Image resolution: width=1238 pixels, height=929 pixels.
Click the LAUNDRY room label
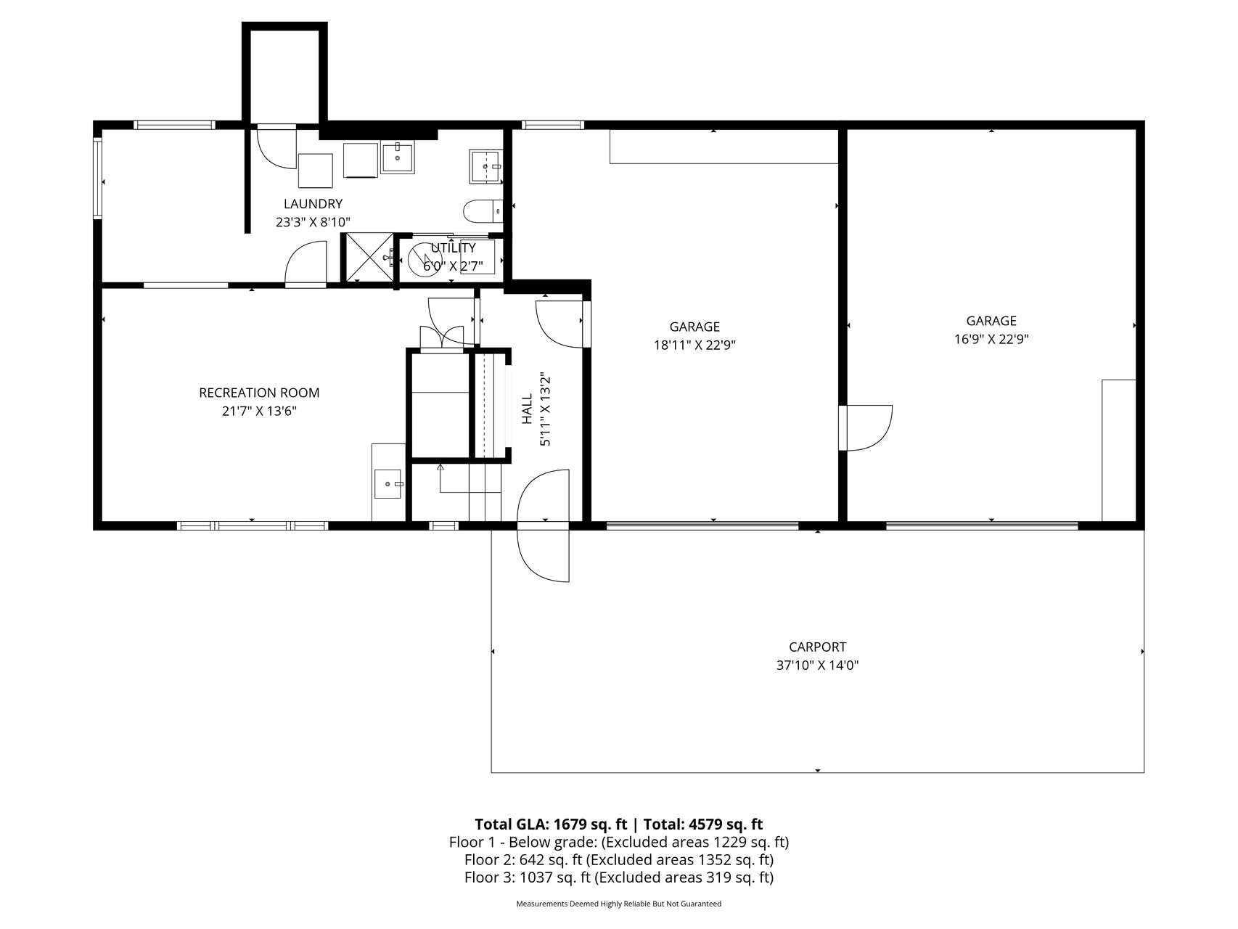point(313,204)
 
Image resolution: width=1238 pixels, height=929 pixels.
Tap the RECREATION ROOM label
point(259,393)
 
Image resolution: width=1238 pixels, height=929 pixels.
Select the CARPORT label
point(817,647)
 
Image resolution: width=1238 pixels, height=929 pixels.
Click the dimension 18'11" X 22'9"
point(694,345)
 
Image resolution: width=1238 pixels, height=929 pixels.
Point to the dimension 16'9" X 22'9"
point(991,339)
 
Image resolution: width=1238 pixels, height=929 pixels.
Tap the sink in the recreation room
point(388,483)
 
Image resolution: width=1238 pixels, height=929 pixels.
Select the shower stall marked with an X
point(367,257)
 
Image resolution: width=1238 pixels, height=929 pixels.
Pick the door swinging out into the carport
point(544,555)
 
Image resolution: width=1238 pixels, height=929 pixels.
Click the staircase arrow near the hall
point(440,468)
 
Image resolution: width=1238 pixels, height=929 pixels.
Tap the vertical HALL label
point(528,409)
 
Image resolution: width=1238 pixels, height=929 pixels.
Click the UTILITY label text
point(453,248)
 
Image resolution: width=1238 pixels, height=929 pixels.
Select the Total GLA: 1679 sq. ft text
point(550,824)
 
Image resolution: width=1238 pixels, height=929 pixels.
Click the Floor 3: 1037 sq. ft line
point(618,877)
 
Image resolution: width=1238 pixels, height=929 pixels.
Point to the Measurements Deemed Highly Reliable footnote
point(618,904)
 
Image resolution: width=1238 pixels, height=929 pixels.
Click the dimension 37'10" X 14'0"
point(817,665)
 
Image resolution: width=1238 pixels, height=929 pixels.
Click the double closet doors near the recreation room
point(442,337)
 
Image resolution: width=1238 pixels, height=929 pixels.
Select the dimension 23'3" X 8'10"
point(313,222)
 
